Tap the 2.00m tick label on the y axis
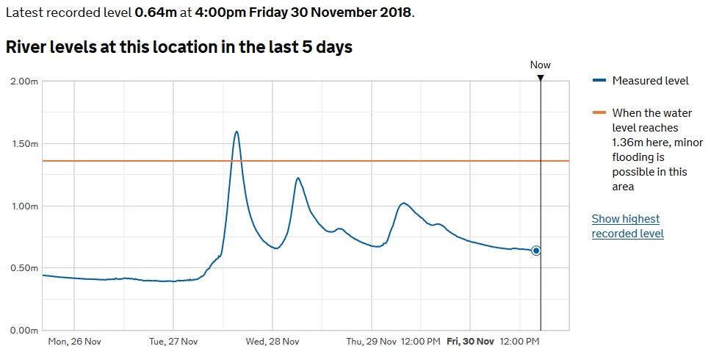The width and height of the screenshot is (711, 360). pyautogui.click(x=24, y=82)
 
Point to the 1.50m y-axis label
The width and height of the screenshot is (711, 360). pyautogui.click(x=24, y=144)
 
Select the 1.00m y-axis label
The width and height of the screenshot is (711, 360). pyautogui.click(x=24, y=206)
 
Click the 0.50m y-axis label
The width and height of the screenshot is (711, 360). pyautogui.click(x=24, y=268)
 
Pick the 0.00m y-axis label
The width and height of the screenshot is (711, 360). pyautogui.click(x=24, y=331)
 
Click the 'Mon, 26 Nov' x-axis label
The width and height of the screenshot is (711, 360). pyautogui.click(x=73, y=342)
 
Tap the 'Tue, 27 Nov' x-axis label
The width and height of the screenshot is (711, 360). pyautogui.click(x=173, y=342)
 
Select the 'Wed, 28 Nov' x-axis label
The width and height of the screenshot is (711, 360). pyautogui.click(x=273, y=342)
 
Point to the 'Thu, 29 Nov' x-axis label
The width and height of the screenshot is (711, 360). pyautogui.click(x=371, y=342)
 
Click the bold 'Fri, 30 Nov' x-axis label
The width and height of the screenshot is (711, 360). pyautogui.click(x=471, y=342)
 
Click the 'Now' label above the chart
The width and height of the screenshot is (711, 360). pyautogui.click(x=541, y=65)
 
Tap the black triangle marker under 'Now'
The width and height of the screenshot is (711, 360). pyautogui.click(x=541, y=77)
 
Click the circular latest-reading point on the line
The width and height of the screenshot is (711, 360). pyautogui.click(x=536, y=251)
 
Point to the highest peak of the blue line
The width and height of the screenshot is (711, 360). pyautogui.click(x=237, y=132)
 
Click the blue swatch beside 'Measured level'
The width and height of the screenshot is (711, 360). pyautogui.click(x=599, y=81)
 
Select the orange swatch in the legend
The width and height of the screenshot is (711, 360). pyautogui.click(x=599, y=112)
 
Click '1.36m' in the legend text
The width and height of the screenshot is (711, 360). pyautogui.click(x=628, y=142)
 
